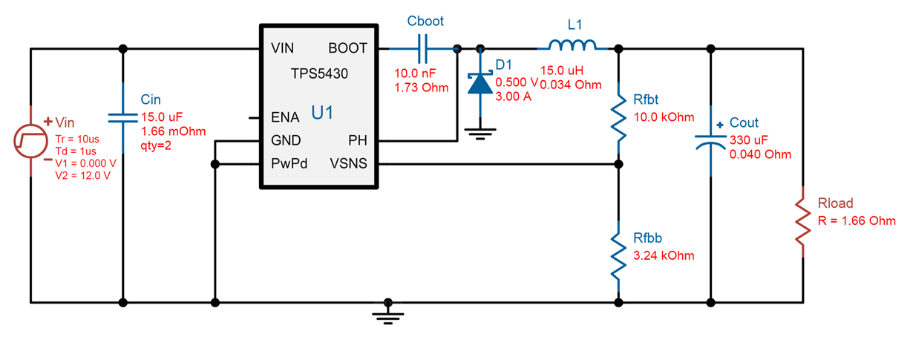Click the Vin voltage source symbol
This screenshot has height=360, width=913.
(31, 140)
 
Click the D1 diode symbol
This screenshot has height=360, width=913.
(480, 82)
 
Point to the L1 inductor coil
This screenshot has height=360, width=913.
(572, 46)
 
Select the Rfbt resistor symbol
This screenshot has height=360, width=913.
(618, 116)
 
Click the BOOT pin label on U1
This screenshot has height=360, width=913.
(347, 49)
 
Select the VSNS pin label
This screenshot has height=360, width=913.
(347, 163)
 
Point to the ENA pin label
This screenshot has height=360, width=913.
(286, 117)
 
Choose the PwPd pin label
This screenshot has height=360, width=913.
(288, 163)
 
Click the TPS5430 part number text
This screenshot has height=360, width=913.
(319, 73)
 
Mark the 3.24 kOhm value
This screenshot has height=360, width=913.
(664, 255)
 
